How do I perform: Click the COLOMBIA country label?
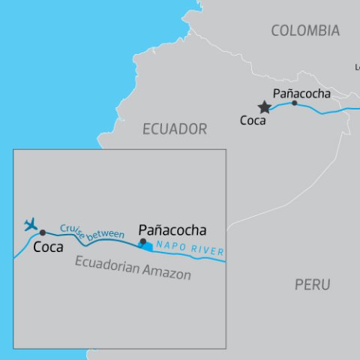click(x=305, y=31)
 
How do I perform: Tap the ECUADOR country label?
click(x=175, y=129)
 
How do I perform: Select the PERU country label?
click(x=312, y=285)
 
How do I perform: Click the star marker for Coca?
click(x=264, y=107)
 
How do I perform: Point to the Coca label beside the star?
click(x=253, y=120)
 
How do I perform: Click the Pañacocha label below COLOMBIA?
click(x=301, y=93)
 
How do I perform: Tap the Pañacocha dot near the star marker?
click(x=294, y=103)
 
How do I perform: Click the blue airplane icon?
click(x=31, y=224)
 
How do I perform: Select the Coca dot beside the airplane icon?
click(x=43, y=232)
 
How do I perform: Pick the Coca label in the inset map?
click(x=48, y=247)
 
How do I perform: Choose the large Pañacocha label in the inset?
click(x=172, y=230)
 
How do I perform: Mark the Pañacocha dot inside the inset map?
click(x=142, y=241)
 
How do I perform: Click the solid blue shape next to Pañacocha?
click(x=148, y=245)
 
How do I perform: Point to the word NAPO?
click(x=171, y=250)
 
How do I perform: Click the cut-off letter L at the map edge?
click(x=357, y=67)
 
